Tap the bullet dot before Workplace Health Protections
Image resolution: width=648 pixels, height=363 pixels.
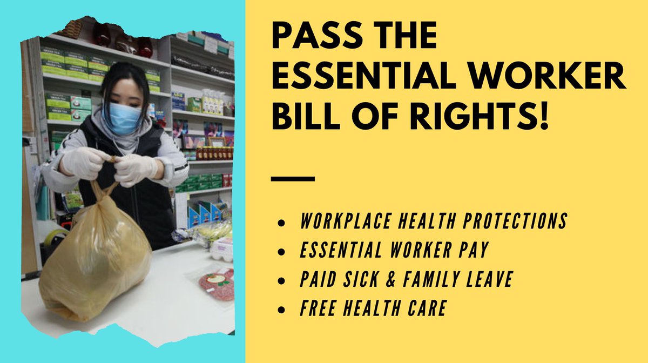click(280, 223)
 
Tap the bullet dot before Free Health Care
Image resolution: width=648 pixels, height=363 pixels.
click(280, 310)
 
